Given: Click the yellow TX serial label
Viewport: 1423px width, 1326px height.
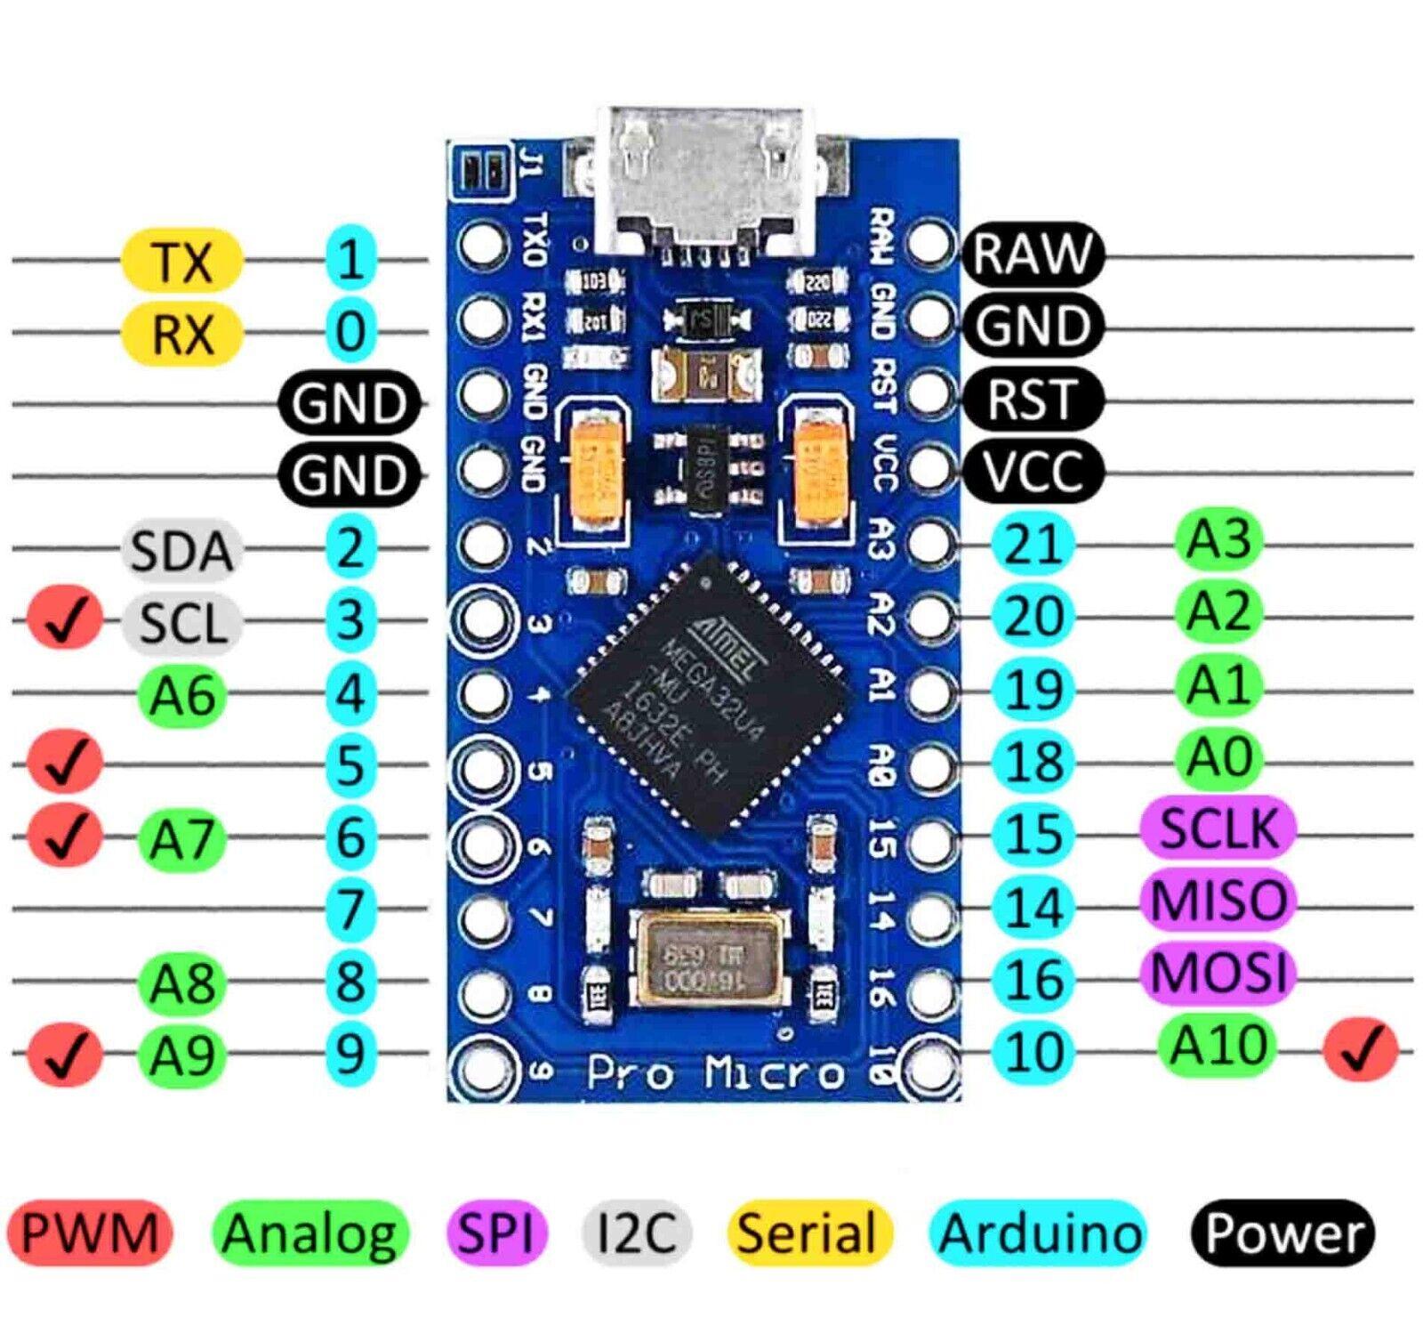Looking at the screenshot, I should (181, 260).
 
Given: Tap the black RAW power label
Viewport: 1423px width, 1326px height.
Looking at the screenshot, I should (1032, 255).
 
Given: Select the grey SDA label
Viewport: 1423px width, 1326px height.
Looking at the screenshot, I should (181, 549).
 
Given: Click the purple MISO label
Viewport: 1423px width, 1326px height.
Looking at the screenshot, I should (1218, 901).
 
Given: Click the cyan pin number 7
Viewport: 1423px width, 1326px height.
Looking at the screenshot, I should (350, 909).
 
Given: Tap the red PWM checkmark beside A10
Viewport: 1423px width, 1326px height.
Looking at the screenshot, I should (1360, 1050).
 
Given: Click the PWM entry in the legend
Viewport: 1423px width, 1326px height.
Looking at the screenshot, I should (89, 1233).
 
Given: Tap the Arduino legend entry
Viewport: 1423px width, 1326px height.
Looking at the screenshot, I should (1039, 1233).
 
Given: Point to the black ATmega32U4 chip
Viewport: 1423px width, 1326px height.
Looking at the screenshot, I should (707, 694).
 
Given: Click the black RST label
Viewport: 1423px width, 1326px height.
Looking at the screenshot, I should (1032, 399).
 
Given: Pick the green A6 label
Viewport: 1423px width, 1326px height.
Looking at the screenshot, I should (181, 694).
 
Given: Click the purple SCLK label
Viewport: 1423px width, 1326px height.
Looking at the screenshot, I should (1218, 829).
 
